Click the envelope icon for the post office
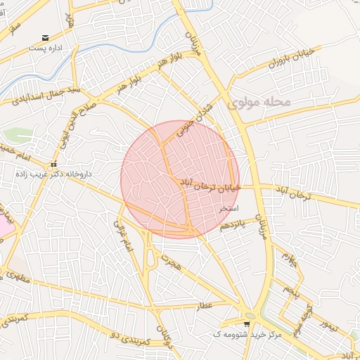(46, 38)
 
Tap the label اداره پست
(46, 49)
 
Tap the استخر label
(229, 209)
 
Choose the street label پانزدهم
(235, 224)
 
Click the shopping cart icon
(246, 323)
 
